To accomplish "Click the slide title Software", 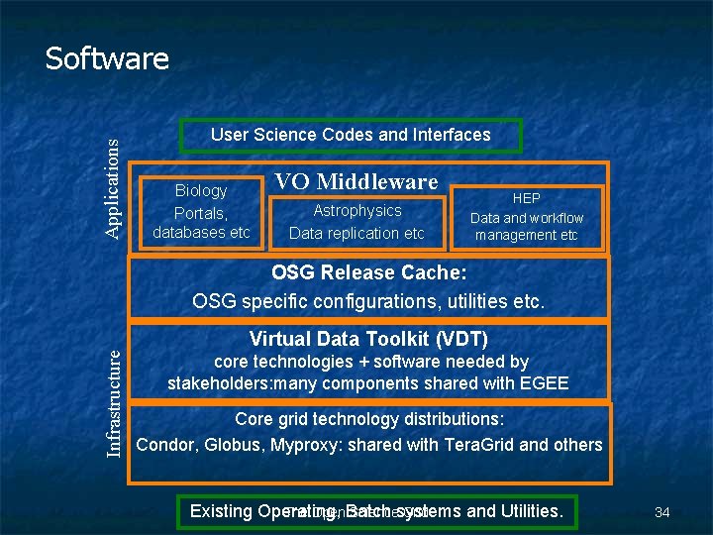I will pyautogui.click(x=107, y=58).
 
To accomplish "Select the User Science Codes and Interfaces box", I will pyautogui.click(x=351, y=135).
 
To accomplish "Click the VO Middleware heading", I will pyautogui.click(x=356, y=181).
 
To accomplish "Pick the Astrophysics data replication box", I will pyautogui.click(x=356, y=222).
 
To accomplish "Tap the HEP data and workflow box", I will pyautogui.click(x=526, y=217).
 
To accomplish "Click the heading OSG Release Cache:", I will pyautogui.click(x=368, y=272).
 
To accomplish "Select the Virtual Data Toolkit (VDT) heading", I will pyautogui.click(x=368, y=339).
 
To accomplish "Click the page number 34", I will pyautogui.click(x=662, y=513).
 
